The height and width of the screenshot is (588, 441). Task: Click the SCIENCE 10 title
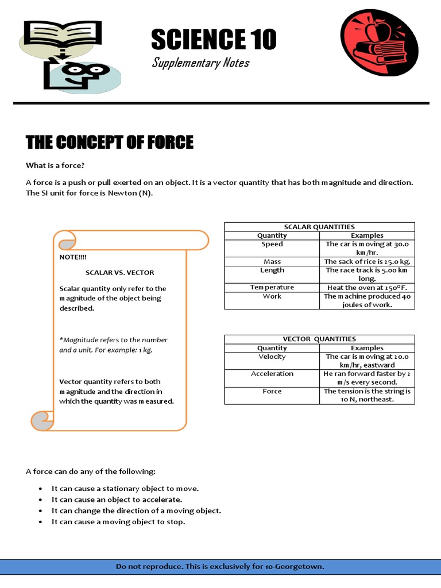214,39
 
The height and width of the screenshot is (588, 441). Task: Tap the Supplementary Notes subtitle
200,63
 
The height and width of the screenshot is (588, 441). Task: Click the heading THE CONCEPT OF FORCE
110,142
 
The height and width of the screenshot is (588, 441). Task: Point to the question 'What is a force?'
55,165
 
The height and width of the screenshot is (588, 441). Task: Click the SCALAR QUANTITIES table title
319,227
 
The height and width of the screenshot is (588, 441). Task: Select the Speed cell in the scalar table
272,244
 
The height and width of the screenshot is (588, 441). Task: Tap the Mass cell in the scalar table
272,261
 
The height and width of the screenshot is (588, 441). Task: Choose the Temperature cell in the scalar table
272,287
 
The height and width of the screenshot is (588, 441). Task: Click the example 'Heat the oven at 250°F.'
367,287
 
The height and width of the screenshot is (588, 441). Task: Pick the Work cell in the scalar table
272,296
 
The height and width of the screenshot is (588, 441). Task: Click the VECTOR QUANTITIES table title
319,339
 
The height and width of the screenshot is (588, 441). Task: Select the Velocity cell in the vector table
272,357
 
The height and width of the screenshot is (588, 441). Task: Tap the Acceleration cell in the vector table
272,374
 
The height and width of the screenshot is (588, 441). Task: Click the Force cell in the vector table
272,391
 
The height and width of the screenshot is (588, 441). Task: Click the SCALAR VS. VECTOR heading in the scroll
119,273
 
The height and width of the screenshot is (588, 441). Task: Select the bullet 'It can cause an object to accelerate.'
117,500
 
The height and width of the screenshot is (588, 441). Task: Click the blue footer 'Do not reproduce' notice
220,567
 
